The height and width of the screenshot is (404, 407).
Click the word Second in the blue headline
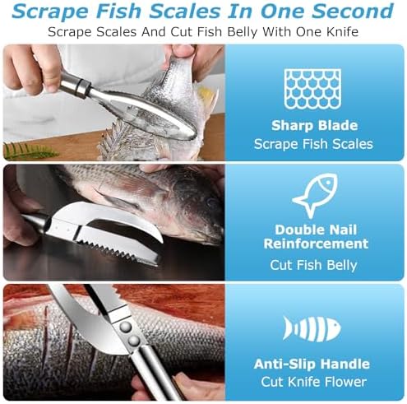pyautogui.click(x=353, y=11)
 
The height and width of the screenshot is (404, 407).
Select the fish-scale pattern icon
pyautogui.click(x=312, y=89)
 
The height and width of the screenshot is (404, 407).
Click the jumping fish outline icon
pyautogui.click(x=315, y=195)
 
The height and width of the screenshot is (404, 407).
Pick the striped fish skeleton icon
pyautogui.click(x=312, y=329)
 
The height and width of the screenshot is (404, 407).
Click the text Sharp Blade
pyautogui.click(x=315, y=126)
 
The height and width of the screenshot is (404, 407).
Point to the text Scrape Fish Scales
pyautogui.click(x=313, y=144)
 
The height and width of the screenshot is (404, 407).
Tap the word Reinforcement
pyautogui.click(x=316, y=244)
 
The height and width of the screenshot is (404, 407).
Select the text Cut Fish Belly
pyautogui.click(x=313, y=265)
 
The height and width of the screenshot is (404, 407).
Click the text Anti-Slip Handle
pyautogui.click(x=312, y=364)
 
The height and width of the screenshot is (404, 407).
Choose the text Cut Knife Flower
pyautogui.click(x=313, y=382)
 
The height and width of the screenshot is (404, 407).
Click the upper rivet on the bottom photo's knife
pyautogui.click(x=126, y=327)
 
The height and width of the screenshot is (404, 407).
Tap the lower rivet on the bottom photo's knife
pyautogui.click(x=134, y=341)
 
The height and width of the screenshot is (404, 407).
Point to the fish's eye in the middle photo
pyautogui.click(x=211, y=202)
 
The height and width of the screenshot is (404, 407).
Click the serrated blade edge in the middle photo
pyautogui.click(x=116, y=250)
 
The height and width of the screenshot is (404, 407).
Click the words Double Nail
pyautogui.click(x=316, y=230)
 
